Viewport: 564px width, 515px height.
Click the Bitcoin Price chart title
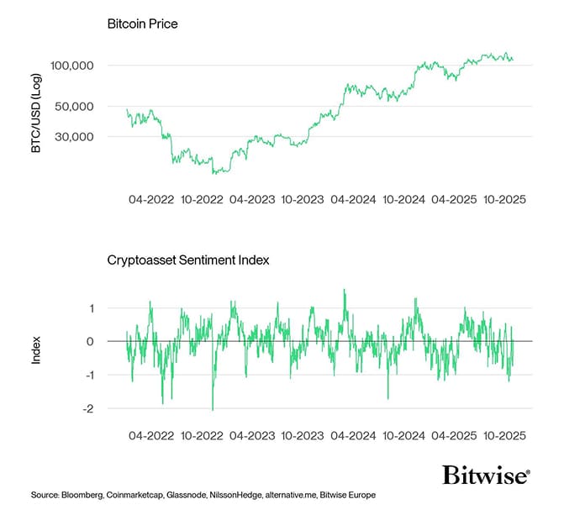click(142, 24)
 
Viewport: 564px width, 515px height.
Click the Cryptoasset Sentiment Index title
click(187, 260)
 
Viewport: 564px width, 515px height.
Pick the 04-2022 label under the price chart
click(151, 201)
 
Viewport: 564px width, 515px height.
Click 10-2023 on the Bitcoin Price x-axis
click(303, 201)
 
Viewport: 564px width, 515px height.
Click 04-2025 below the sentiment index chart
click(453, 437)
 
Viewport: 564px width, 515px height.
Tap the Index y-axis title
click(36, 350)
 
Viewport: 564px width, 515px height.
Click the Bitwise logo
click(487, 476)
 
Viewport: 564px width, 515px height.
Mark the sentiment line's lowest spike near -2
click(213, 409)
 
